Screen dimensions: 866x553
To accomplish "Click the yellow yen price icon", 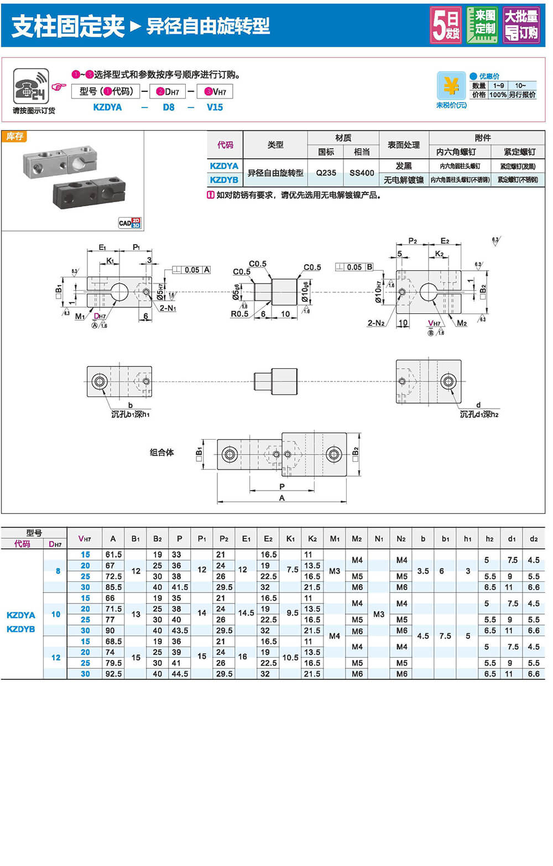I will (451, 86).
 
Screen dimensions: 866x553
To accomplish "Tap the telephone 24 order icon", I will (31, 86).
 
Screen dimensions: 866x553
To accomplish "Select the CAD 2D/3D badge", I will (129, 223).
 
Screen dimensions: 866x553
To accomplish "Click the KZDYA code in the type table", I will (224, 166).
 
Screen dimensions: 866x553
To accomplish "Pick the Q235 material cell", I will (326, 173).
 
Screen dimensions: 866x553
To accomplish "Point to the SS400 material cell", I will (362, 173).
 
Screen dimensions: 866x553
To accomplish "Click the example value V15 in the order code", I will (215, 107).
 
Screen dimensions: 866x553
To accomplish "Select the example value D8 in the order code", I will (169, 107).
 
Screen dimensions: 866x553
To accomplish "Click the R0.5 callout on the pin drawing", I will (239, 314).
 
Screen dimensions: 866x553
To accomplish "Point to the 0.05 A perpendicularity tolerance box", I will (191, 270).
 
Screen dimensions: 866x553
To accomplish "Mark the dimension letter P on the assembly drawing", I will (282, 486).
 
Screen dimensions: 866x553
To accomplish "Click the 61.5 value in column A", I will (113, 554).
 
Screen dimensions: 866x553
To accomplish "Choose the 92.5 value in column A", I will (113, 674).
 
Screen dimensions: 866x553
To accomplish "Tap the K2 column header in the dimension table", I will (312, 538).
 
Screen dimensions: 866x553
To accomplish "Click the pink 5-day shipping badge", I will (446, 25).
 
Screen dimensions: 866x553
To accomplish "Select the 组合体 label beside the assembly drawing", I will (161, 452).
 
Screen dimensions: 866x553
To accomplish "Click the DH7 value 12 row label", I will (56, 657).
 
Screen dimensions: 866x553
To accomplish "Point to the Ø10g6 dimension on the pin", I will (305, 292).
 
